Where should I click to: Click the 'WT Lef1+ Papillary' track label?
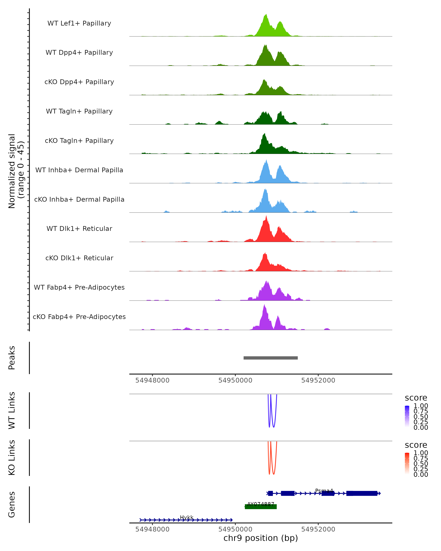point(79,23)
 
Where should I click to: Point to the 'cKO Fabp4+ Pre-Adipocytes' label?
point(79,317)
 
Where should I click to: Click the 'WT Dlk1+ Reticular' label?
point(79,228)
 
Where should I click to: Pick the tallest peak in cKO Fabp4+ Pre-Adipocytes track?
point(265,305)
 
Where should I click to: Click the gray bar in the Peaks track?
point(270,358)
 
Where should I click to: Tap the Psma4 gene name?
point(324,491)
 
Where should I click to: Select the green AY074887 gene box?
point(261,507)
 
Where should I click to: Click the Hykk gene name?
point(187,517)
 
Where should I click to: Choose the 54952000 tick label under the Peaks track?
point(318,380)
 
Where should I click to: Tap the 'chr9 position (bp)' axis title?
point(261,538)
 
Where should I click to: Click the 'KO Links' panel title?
point(12,458)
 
